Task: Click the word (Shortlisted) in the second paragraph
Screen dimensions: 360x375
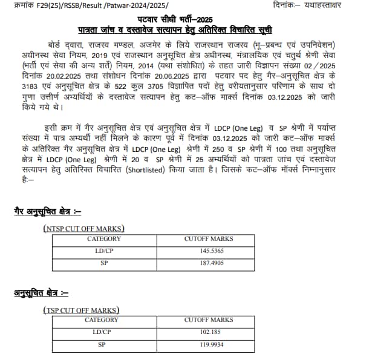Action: (152, 169)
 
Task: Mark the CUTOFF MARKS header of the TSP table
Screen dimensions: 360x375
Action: (208, 319)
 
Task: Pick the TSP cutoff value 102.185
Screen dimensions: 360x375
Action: (208, 332)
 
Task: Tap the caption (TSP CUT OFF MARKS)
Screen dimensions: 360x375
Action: (81, 309)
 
